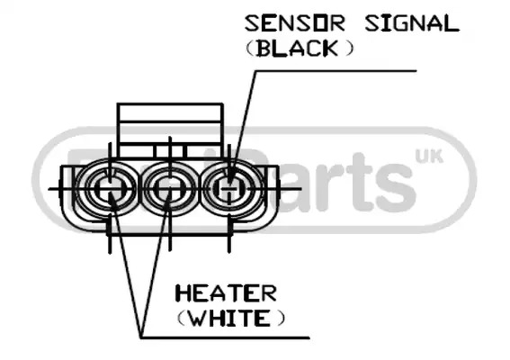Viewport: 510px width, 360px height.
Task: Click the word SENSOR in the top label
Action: (294, 23)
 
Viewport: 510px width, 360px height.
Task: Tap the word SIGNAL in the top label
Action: (412, 23)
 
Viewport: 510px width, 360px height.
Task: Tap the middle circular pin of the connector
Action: (168, 188)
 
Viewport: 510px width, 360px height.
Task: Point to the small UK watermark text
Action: (429, 157)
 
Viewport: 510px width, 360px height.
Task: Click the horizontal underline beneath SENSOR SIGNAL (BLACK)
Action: (336, 70)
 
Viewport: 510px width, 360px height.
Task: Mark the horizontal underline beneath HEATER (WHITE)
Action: (225, 337)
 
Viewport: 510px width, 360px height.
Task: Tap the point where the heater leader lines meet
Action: (141, 337)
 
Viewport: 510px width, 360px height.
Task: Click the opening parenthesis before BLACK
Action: (249, 49)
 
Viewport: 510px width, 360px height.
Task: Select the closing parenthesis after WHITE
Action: (281, 318)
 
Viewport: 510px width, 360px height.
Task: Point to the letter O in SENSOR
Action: (318, 23)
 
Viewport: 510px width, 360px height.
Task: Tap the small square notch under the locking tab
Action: (170, 151)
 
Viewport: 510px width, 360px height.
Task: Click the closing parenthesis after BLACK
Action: (349, 49)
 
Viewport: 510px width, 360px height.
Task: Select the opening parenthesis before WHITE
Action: (182, 318)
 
